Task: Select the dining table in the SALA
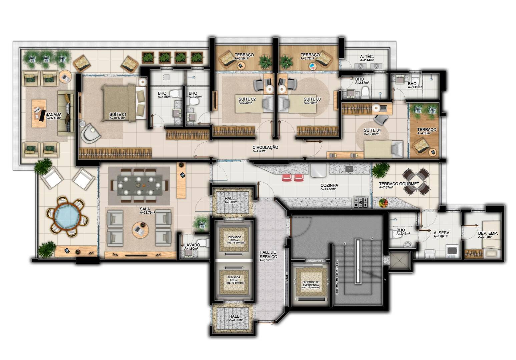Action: tap(139, 185)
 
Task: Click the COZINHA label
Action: tap(329, 185)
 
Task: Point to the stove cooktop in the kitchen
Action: tap(361, 202)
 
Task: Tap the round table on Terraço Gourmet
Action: tap(416, 182)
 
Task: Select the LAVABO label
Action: tap(192, 245)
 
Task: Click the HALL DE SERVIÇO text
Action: tap(269, 254)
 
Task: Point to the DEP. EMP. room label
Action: tap(488, 234)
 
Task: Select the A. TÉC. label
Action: tap(367, 57)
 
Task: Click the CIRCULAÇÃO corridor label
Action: tap(265, 147)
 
